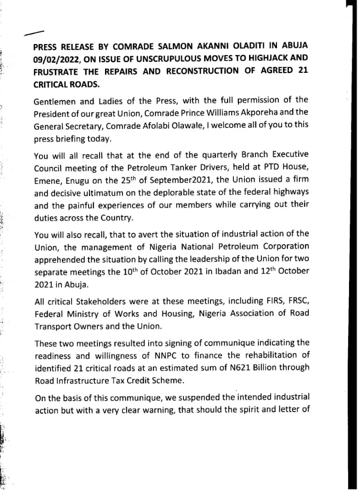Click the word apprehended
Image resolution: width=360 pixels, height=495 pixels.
(x=61, y=259)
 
